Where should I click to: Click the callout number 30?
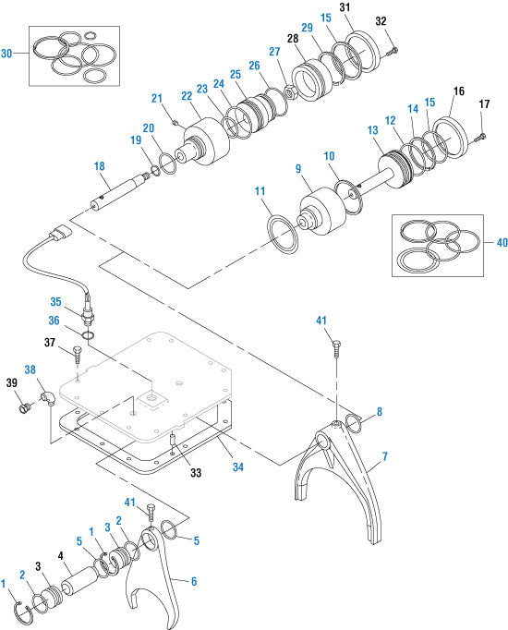click(6, 53)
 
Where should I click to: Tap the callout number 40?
click(502, 242)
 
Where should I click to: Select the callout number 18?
click(99, 166)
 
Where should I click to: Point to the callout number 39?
click(12, 382)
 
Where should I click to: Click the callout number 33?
click(196, 473)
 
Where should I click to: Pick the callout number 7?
click(385, 456)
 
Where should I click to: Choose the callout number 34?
click(238, 466)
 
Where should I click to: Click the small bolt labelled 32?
click(393, 51)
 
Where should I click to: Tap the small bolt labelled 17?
click(480, 138)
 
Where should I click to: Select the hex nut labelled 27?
click(290, 93)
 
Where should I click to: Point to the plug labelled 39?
click(25, 408)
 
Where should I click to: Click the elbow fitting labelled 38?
click(46, 398)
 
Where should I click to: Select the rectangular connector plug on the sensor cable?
click(61, 234)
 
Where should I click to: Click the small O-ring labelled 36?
click(89, 334)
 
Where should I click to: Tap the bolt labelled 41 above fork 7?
click(336, 348)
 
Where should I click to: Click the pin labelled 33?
click(173, 439)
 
